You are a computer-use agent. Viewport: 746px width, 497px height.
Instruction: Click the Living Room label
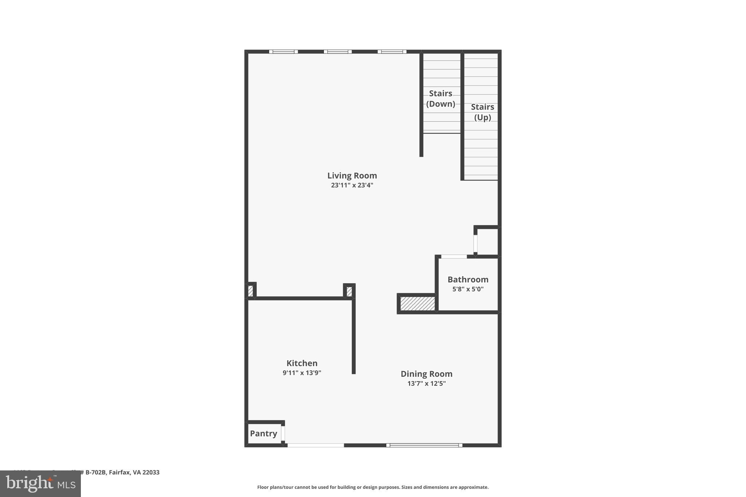click(352, 175)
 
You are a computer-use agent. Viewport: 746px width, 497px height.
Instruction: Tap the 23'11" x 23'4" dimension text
click(352, 185)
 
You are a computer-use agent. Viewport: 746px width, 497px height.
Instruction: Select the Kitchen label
click(302, 363)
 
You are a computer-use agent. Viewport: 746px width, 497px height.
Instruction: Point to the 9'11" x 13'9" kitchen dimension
click(302, 373)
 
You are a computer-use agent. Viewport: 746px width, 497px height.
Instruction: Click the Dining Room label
click(426, 374)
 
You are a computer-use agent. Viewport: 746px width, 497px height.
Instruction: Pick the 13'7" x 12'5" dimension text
click(426, 383)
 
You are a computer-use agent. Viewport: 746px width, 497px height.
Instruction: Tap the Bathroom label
click(468, 279)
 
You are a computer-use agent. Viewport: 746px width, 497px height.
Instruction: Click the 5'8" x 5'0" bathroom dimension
click(468, 289)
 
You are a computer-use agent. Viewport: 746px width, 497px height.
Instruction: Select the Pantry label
click(263, 433)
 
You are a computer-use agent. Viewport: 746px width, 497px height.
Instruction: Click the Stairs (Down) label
click(440, 99)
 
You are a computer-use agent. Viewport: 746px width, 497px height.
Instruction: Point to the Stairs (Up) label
click(482, 112)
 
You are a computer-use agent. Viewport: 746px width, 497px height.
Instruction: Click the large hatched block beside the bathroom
click(417, 304)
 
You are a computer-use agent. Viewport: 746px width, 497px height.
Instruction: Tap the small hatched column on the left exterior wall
click(250, 291)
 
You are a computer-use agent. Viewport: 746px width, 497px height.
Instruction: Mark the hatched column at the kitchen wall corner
click(349, 291)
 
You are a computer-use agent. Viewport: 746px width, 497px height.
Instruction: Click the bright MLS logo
click(40, 484)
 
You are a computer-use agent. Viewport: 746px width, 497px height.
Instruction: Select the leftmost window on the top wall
click(283, 52)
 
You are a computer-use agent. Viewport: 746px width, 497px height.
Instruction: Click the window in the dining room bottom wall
click(424, 445)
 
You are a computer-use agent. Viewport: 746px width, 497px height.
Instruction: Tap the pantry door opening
click(283, 433)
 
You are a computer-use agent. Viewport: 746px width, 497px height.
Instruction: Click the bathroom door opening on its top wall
click(454, 257)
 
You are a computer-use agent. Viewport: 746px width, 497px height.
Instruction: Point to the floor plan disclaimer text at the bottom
click(373, 487)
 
